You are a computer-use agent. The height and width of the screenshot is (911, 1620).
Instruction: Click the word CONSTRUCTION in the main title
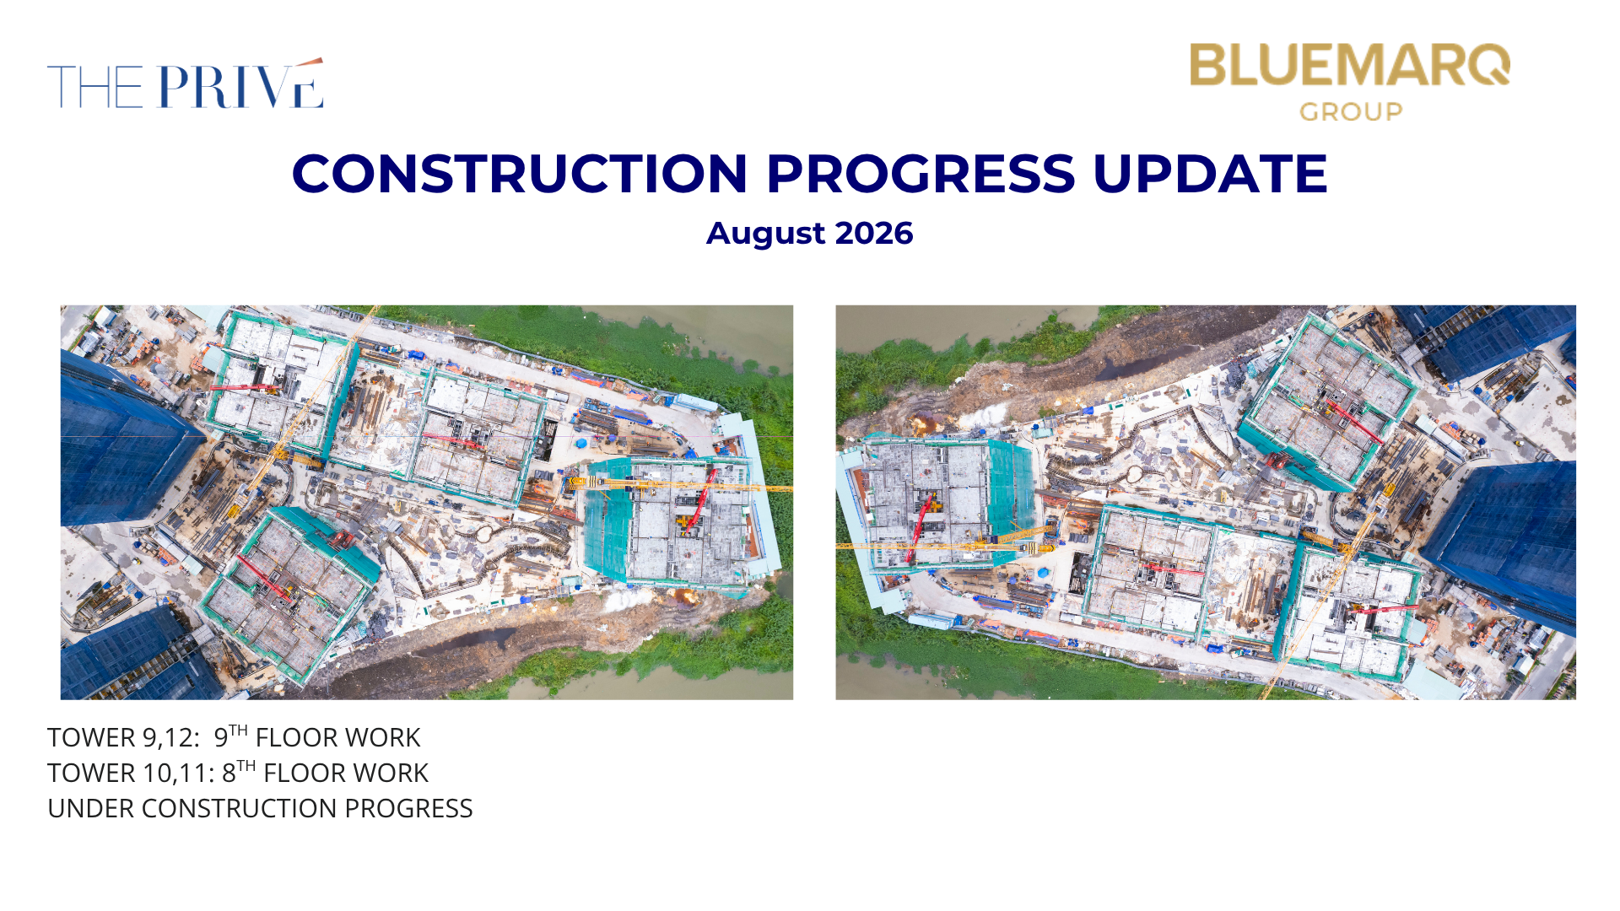[520, 174]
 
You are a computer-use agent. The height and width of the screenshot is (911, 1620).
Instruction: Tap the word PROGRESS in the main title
[921, 174]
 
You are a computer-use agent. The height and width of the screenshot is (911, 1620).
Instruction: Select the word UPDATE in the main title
[1211, 174]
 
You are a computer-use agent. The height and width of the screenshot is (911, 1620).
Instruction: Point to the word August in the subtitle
[765, 234]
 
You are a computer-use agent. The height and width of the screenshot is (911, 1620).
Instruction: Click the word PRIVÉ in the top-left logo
[240, 84]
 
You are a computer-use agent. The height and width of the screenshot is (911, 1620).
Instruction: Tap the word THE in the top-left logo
[95, 87]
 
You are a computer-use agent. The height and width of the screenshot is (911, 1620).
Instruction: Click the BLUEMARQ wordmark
[1350, 65]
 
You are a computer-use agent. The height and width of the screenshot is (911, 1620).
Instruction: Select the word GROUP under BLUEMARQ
[1351, 111]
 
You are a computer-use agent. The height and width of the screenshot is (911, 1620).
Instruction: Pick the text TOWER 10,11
[131, 773]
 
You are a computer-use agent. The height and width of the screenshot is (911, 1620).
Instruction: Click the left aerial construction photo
[427, 502]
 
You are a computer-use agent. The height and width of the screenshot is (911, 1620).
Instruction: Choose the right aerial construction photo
[1206, 502]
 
